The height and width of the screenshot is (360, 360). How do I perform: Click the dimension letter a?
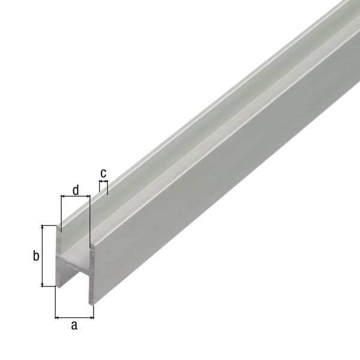tap(74, 326)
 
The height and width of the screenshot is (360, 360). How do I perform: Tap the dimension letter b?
tap(35, 256)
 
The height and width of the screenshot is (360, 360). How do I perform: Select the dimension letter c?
tap(103, 173)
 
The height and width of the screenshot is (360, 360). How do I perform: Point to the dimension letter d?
tap(75, 191)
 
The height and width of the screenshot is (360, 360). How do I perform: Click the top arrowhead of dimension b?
tap(44, 229)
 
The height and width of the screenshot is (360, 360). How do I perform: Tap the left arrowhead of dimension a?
tap(58, 316)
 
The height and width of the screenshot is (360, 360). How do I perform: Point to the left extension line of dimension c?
tap(100, 186)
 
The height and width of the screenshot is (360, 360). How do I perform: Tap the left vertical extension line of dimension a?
tap(55, 303)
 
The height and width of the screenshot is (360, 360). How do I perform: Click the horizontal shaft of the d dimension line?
tap(75, 196)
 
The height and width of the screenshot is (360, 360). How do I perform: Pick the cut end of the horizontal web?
tap(75, 263)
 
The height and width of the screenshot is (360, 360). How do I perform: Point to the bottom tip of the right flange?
tap(91, 303)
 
